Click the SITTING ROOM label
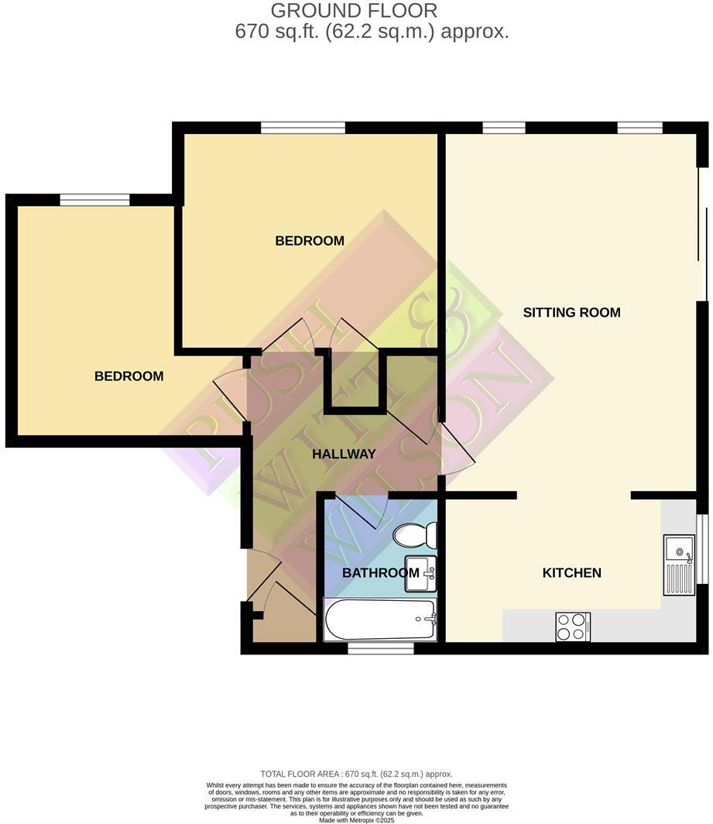click(x=571, y=313)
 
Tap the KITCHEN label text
click(x=571, y=573)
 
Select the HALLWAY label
click(x=344, y=455)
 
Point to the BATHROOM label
click(x=380, y=573)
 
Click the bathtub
click(x=380, y=620)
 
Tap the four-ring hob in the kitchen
click(x=573, y=627)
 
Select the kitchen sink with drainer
click(x=679, y=565)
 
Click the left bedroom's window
click(x=94, y=200)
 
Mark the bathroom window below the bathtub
click(x=380, y=647)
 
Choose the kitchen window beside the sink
click(x=703, y=548)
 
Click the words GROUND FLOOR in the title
click(x=354, y=11)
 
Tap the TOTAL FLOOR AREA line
click(x=356, y=774)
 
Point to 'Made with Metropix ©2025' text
click(x=356, y=820)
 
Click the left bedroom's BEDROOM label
click(x=129, y=376)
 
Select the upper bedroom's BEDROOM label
click(x=310, y=241)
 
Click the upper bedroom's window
click(x=303, y=128)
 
